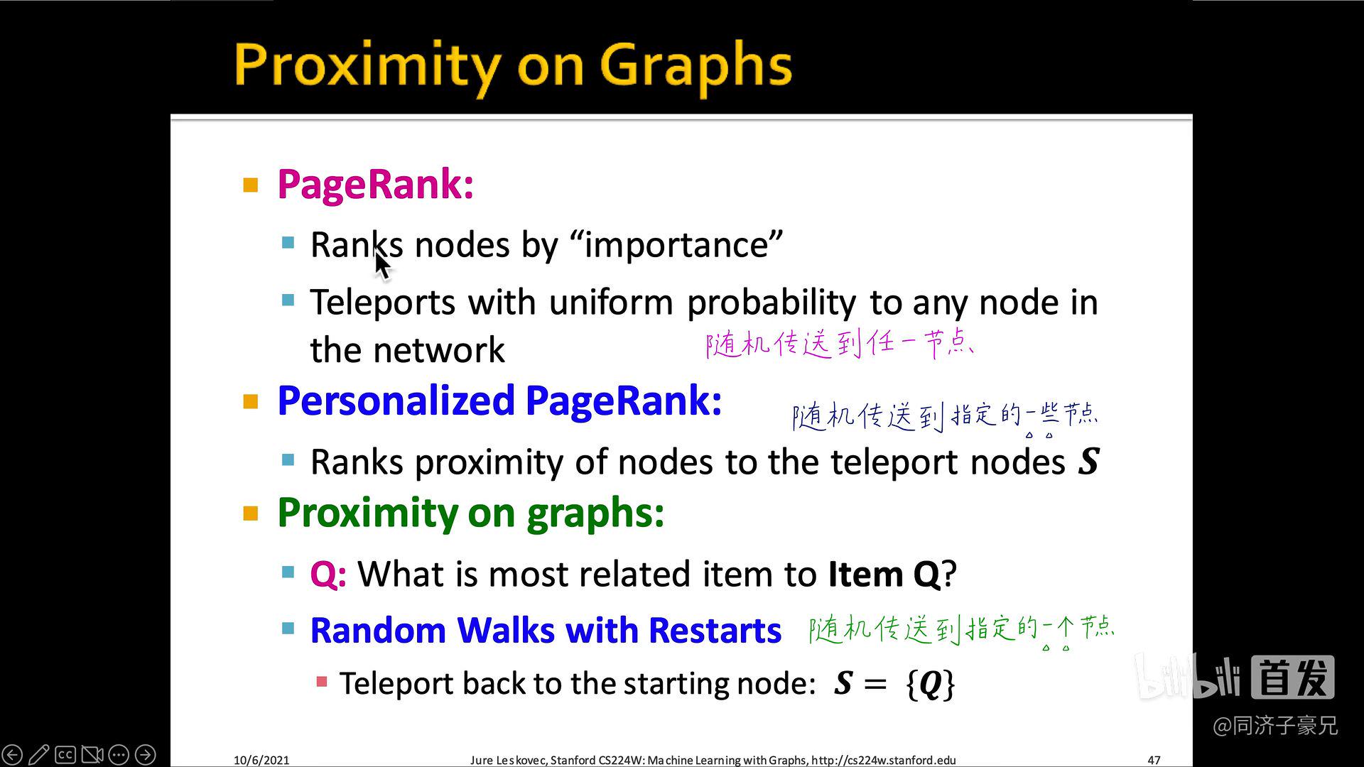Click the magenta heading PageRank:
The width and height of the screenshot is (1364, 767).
tap(375, 185)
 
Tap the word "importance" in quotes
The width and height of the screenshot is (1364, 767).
tap(676, 245)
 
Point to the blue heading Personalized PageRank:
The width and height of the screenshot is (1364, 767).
tap(499, 401)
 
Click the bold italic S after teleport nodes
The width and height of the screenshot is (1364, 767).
tap(1088, 462)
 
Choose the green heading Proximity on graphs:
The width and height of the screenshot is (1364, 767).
tap(470, 513)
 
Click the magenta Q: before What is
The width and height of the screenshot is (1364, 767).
tap(328, 574)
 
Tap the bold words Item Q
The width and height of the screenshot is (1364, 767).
tap(884, 574)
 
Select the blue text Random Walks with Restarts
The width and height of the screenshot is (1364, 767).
tap(546, 631)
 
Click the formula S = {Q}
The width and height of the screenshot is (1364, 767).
tap(894, 683)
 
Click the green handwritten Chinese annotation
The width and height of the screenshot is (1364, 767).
tap(961, 629)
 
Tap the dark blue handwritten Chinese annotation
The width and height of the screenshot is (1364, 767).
tap(945, 415)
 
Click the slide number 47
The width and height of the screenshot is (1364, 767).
tap(1154, 760)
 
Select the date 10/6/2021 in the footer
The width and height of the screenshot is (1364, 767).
tap(261, 760)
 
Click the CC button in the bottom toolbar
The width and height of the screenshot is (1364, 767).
tap(65, 754)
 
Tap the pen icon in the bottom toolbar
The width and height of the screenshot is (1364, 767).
tap(39, 754)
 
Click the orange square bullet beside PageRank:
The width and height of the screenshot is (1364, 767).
tap(251, 185)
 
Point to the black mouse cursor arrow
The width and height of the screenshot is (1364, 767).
tap(382, 265)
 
